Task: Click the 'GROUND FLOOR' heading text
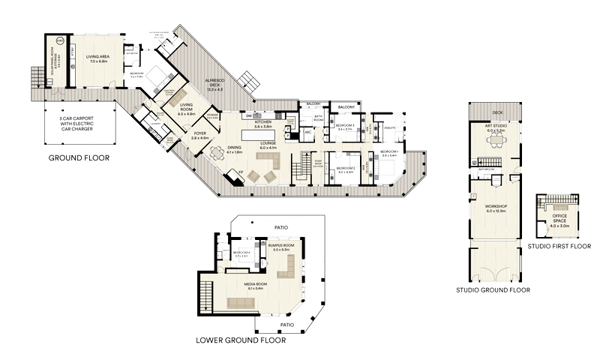tap(79, 158)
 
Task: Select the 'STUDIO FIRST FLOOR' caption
tap(559, 246)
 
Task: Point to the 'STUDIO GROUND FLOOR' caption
tap(493, 289)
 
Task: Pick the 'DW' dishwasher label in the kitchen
tap(247, 115)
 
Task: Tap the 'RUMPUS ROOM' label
tap(280, 246)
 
